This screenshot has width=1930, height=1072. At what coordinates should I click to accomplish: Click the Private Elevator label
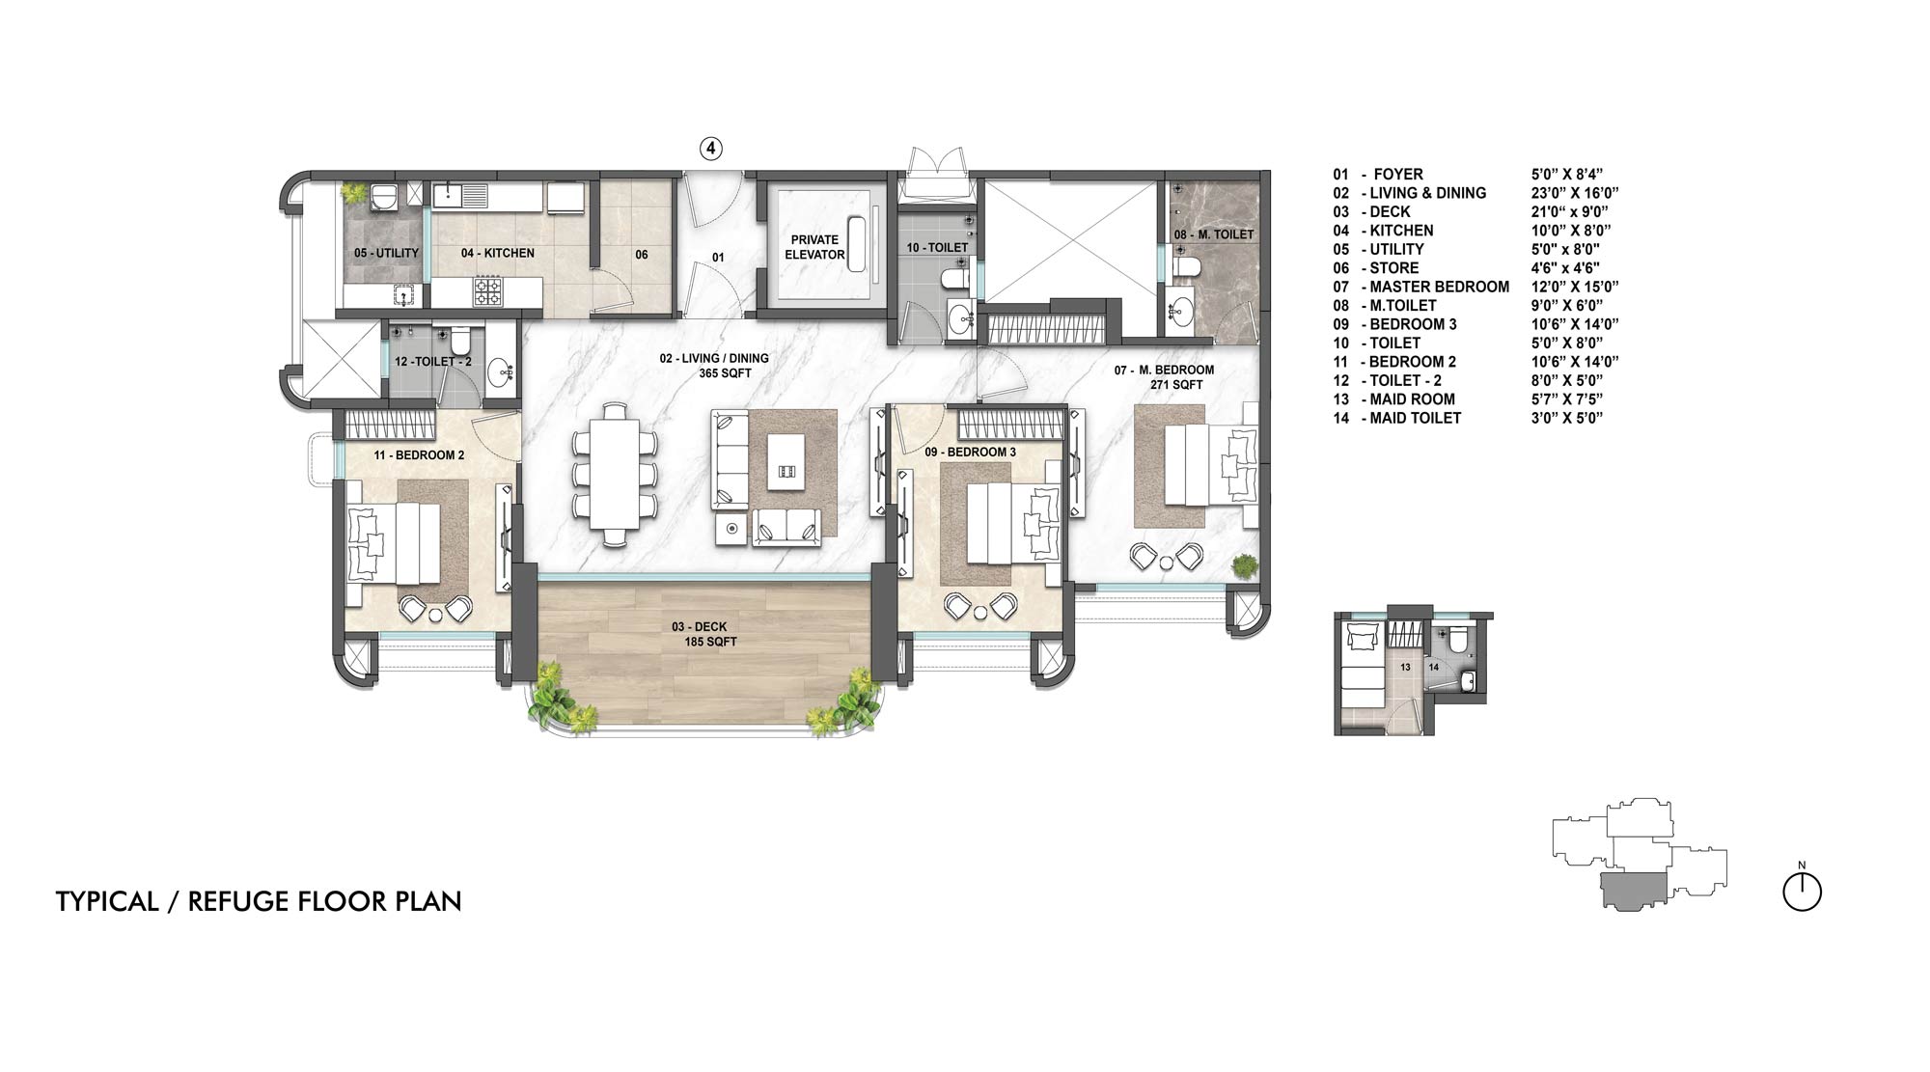pos(814,247)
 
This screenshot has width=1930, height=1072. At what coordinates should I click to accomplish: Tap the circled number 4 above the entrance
pos(710,149)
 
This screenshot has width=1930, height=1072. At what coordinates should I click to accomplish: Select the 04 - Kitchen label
pos(497,253)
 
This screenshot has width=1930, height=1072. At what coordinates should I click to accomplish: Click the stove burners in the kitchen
pos(486,290)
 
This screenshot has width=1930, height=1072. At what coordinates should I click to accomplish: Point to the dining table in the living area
pos(616,474)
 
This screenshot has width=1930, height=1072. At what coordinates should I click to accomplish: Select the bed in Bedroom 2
pos(395,545)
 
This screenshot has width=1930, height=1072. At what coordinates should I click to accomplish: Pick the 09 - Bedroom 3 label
pos(970,452)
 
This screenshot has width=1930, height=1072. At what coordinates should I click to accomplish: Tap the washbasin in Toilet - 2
pos(500,371)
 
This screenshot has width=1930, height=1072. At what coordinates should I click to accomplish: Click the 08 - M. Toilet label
pos(1214,234)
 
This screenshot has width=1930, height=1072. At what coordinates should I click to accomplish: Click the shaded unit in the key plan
pos(1635,889)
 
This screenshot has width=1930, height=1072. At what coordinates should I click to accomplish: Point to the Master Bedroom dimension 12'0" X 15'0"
pos(1574,287)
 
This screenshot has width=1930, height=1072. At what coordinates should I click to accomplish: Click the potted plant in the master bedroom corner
pos(1245,566)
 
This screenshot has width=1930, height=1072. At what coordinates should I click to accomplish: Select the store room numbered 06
pos(642,255)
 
